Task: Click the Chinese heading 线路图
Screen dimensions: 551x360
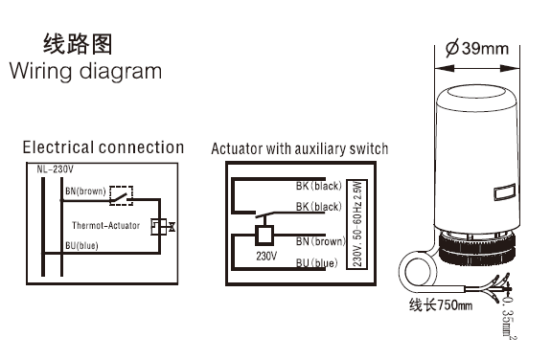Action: tap(78, 44)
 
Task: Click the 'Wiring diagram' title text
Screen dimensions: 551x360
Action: tap(85, 72)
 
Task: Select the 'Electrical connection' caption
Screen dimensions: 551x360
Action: tap(103, 147)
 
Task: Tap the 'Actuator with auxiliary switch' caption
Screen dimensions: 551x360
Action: tap(300, 148)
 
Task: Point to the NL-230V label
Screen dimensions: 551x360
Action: tap(56, 169)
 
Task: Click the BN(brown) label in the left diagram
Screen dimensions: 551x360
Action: tap(85, 191)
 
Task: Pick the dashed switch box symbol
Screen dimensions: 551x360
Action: tap(122, 195)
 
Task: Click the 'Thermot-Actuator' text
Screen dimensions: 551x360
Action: tap(105, 226)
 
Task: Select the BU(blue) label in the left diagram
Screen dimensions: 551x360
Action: tap(81, 245)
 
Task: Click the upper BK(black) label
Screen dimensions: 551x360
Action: tap(319, 186)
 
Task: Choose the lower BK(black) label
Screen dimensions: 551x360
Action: tap(319, 207)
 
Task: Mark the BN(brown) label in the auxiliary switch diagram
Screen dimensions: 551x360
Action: tap(321, 241)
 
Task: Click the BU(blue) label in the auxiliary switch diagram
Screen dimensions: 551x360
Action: tap(316, 263)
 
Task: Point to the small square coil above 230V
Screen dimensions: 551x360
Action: tap(264, 235)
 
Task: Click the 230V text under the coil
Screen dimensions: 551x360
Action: tap(266, 256)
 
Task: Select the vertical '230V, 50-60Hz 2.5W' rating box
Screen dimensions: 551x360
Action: tap(357, 225)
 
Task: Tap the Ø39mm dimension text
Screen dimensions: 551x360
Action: tap(477, 48)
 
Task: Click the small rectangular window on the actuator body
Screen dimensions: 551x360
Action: tap(505, 192)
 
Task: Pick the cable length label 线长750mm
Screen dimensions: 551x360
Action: tap(441, 304)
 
